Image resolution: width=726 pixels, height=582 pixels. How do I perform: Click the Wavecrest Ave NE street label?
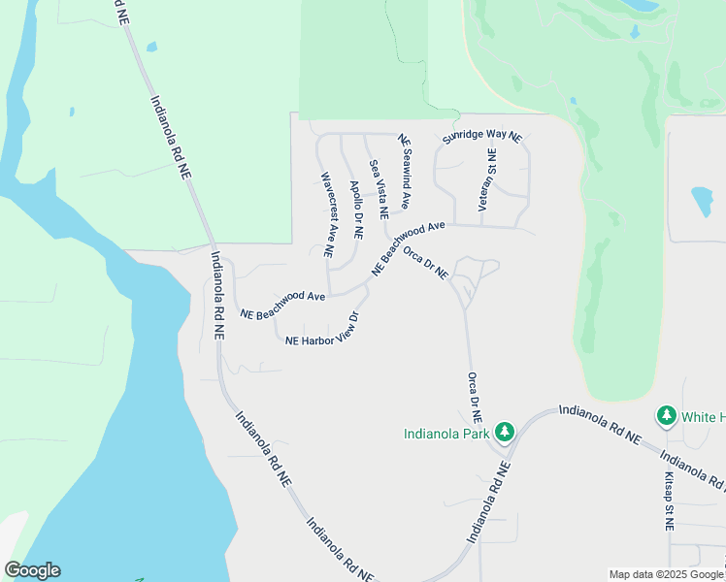328,215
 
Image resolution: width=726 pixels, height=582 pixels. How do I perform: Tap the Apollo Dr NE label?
355,210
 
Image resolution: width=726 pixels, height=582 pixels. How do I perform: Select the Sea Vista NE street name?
378,190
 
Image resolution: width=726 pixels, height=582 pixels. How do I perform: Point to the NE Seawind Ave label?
405,173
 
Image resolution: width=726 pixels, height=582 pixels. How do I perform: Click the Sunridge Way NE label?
481,138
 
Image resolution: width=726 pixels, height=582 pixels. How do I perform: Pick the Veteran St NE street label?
492,180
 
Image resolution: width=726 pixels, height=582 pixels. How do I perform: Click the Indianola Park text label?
446,434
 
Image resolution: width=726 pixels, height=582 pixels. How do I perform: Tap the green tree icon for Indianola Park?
504,431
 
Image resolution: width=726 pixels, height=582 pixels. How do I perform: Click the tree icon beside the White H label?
666,416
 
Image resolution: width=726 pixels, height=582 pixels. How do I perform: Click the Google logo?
32,570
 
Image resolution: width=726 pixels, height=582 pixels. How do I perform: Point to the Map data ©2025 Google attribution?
667,574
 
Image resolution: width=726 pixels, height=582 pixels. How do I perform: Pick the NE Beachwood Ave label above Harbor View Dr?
281,304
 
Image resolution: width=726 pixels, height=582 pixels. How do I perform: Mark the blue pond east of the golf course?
702,201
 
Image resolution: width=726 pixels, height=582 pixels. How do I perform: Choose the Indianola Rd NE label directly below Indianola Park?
489,501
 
